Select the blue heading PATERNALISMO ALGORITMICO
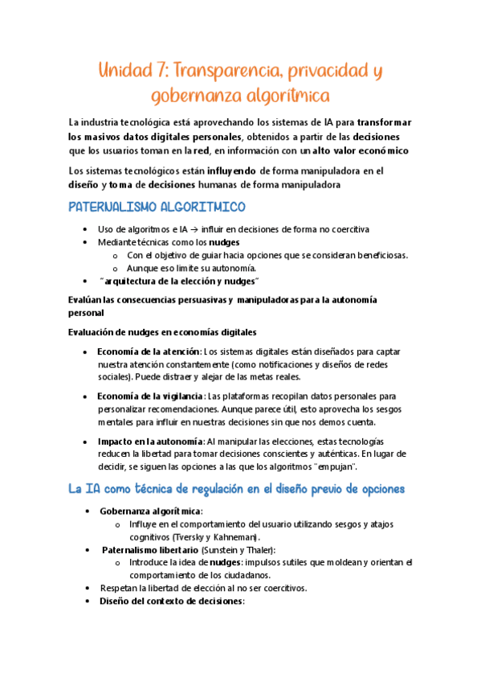coord(157,208)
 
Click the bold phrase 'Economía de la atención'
coord(149,352)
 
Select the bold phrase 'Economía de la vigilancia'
coord(150,396)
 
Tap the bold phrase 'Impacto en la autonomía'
coord(150,442)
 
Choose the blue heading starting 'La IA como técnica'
coord(236,489)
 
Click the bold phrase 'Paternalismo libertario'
coord(149,549)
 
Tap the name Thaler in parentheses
coord(259,549)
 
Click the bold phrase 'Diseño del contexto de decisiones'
coord(171,601)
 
